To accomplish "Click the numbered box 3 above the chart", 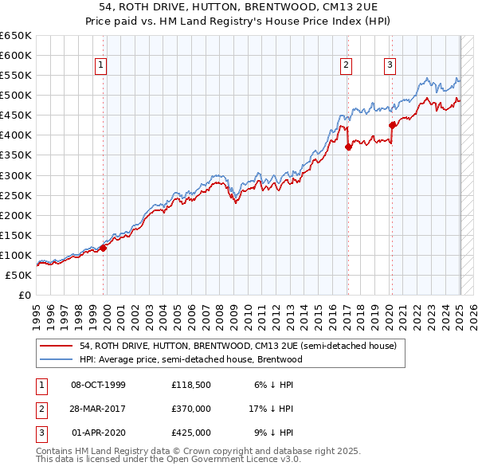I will click(390, 66).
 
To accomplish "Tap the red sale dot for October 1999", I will click(104, 248).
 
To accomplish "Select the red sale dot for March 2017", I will click(348, 147).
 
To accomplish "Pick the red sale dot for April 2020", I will click(392, 125).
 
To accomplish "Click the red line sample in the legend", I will click(57, 346).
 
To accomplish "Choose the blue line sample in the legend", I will click(57, 359).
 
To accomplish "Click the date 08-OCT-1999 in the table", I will click(98, 385).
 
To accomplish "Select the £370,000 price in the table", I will click(191, 409).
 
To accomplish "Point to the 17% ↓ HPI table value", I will click(272, 409).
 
